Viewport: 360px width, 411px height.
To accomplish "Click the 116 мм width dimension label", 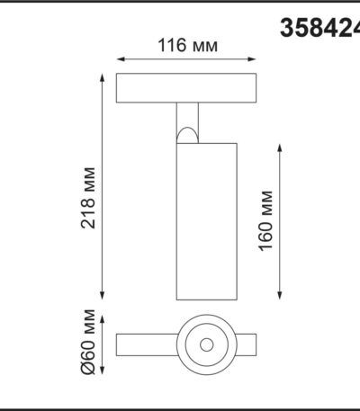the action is [188, 45].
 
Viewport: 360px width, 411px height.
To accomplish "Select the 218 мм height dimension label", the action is [88, 198].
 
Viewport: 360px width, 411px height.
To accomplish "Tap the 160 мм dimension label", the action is [265, 220].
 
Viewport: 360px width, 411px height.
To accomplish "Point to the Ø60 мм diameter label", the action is [88, 342].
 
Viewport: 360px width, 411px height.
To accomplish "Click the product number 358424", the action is [319, 28].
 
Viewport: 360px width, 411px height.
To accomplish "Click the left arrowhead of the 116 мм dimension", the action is [121, 59].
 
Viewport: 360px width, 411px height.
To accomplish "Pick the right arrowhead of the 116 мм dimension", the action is [252, 59].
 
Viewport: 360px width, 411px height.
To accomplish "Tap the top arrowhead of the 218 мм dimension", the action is [103, 77].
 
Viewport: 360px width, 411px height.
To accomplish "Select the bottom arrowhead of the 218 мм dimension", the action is [103, 296].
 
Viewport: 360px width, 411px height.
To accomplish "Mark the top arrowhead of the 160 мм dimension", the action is [280, 148].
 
